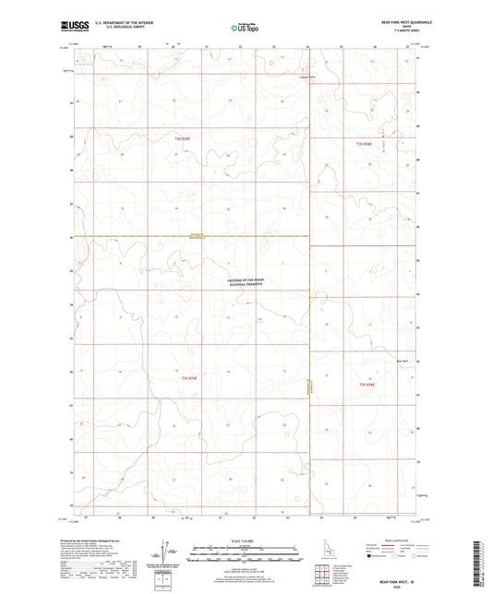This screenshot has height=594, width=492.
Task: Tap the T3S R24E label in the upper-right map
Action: pyautogui.click(x=366, y=144)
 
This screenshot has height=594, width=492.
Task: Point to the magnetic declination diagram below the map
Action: pyautogui.click(x=164, y=559)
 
